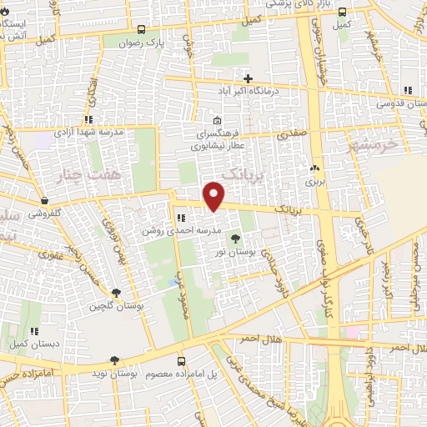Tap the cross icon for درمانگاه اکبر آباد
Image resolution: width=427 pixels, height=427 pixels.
click(248, 78)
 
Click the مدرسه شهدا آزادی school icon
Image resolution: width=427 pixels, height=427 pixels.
click(88, 119)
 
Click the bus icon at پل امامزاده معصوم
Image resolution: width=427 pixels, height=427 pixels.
click(182, 360)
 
